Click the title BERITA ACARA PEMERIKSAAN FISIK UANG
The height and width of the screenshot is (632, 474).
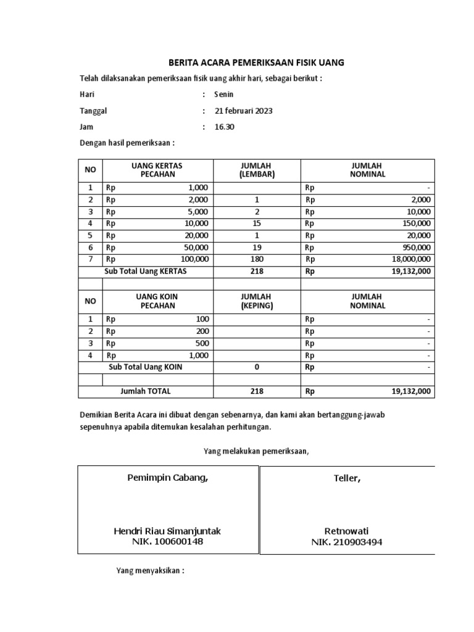coord(257,63)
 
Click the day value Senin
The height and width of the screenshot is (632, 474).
coord(224,94)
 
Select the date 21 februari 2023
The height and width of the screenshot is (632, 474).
coord(243,111)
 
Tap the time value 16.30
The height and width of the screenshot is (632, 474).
coord(224,127)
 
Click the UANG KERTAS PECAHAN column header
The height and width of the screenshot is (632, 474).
coord(157,170)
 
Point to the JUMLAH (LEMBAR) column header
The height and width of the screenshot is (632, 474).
coord(257,170)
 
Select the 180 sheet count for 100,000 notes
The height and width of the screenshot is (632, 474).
coord(257,259)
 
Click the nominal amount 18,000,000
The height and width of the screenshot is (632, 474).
coord(410,259)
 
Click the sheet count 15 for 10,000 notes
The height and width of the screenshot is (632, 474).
coord(257,223)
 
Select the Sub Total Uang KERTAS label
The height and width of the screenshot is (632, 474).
coord(146,271)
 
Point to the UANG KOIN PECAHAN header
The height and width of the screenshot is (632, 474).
coord(157,301)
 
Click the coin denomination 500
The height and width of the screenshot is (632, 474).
coord(202,343)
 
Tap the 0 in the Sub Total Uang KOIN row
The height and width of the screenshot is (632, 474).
coord(257,367)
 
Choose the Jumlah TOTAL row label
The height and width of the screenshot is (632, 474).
coord(146,391)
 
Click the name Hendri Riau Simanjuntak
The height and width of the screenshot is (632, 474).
coord(167,531)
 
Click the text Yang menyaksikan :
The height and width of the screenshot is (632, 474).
coord(151,571)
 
